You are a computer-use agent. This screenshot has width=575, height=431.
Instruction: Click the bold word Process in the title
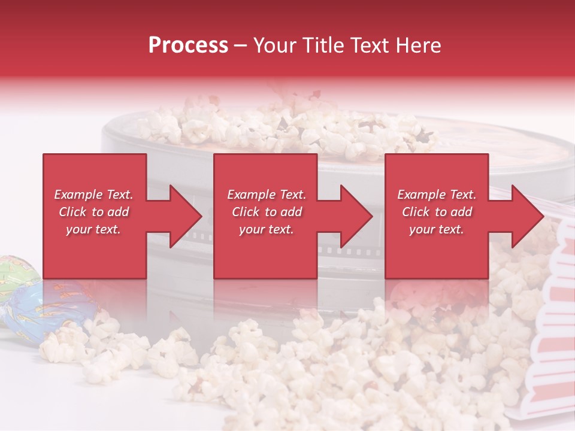(x=188, y=45)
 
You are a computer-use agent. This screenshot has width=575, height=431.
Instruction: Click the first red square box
(x=95, y=174)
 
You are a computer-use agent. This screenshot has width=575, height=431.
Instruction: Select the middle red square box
(x=265, y=174)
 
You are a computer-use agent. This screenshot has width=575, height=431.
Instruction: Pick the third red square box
(x=436, y=174)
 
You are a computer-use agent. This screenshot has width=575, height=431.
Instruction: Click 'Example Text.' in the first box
(x=93, y=195)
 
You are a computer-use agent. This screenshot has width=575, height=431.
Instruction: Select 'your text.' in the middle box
(x=266, y=229)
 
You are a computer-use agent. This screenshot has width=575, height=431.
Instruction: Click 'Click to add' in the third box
(x=437, y=212)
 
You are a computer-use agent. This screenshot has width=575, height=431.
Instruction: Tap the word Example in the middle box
(x=250, y=195)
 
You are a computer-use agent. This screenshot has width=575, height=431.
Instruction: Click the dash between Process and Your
(x=240, y=45)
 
